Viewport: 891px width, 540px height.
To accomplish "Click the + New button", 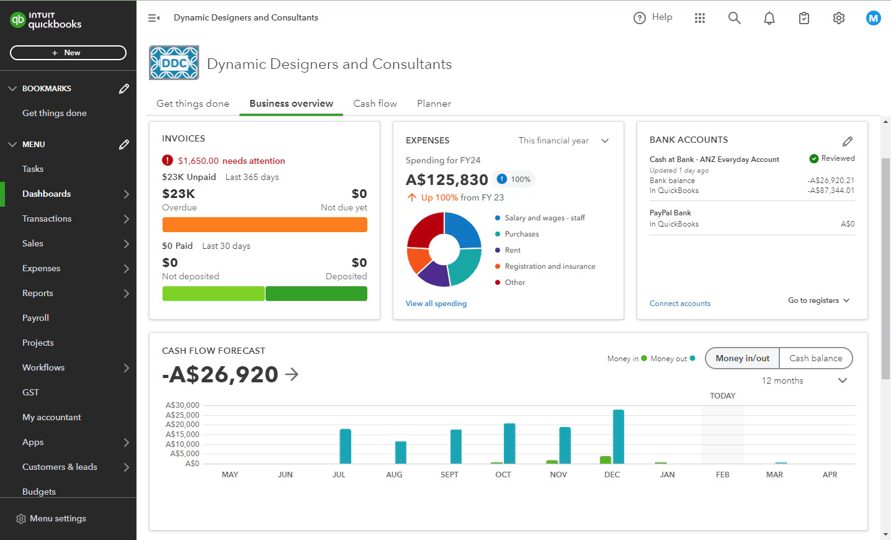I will [68, 53].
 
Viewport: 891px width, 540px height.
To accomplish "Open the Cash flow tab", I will [375, 104].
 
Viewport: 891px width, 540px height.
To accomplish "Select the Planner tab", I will [434, 104].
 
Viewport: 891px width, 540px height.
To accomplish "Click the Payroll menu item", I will [35, 318].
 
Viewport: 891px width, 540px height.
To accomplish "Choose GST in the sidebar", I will [30, 392].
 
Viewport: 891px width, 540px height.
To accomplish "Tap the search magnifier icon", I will [734, 18].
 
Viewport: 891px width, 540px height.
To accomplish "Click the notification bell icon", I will [769, 18].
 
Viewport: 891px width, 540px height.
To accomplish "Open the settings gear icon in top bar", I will [838, 18].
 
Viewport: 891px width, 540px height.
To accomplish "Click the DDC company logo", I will [174, 63].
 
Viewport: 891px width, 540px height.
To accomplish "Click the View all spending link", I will [436, 304].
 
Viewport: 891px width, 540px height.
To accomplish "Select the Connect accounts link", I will [679, 304].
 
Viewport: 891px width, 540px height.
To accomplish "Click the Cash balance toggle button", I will [815, 358].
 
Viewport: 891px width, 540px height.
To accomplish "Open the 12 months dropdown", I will [804, 380].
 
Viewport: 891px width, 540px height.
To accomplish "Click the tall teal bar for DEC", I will [618, 436].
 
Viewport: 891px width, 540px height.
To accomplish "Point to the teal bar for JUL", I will [345, 446].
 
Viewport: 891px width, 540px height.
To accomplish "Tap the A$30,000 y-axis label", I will [182, 405].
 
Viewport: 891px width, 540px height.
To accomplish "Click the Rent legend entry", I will [513, 250].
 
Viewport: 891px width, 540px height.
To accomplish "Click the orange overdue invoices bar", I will [264, 225].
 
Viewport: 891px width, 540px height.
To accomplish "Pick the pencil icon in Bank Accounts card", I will [847, 141].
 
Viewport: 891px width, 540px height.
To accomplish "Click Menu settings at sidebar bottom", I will [57, 518].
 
